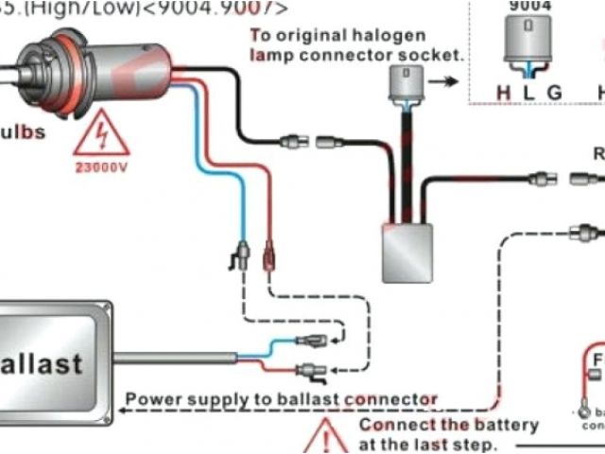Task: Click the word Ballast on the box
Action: (x=42, y=362)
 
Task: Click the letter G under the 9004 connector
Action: (x=555, y=93)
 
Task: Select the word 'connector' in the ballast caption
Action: (x=389, y=398)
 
